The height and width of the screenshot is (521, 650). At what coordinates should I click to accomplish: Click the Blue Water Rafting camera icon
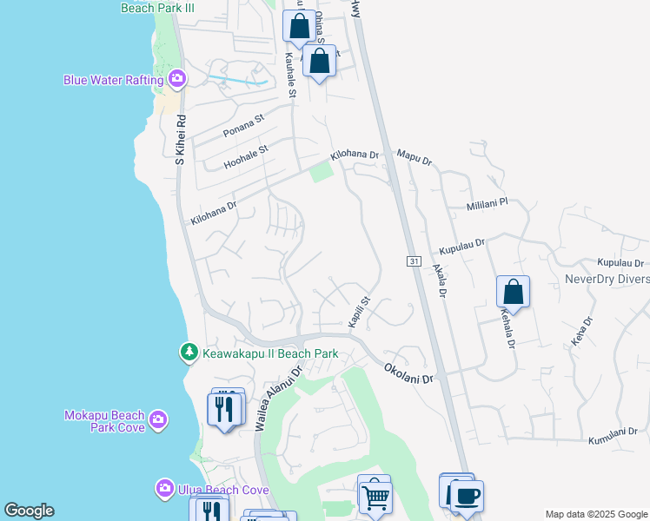click(x=177, y=81)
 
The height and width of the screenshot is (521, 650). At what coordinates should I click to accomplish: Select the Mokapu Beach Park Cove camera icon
click(x=157, y=421)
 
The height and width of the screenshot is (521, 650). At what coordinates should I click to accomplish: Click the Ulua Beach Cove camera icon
click(x=165, y=490)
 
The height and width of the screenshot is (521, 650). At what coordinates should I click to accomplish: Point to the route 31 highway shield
click(x=414, y=261)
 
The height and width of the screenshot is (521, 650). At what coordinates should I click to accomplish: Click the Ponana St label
click(x=242, y=126)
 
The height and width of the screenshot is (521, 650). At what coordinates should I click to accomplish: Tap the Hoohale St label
click(x=247, y=155)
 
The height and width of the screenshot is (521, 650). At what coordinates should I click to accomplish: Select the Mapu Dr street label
click(x=414, y=158)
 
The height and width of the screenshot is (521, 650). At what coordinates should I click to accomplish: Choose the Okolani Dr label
click(x=409, y=373)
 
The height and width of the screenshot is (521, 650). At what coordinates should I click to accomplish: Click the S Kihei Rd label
click(x=181, y=139)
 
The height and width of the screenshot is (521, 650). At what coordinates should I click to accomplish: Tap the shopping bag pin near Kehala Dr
click(x=513, y=292)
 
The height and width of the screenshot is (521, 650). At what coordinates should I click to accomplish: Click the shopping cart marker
click(x=375, y=498)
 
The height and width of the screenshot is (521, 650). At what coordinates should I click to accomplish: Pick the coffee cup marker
click(x=468, y=496)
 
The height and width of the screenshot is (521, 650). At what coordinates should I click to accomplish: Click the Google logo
click(x=29, y=511)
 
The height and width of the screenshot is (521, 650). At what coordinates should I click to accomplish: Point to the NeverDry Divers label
click(x=607, y=279)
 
